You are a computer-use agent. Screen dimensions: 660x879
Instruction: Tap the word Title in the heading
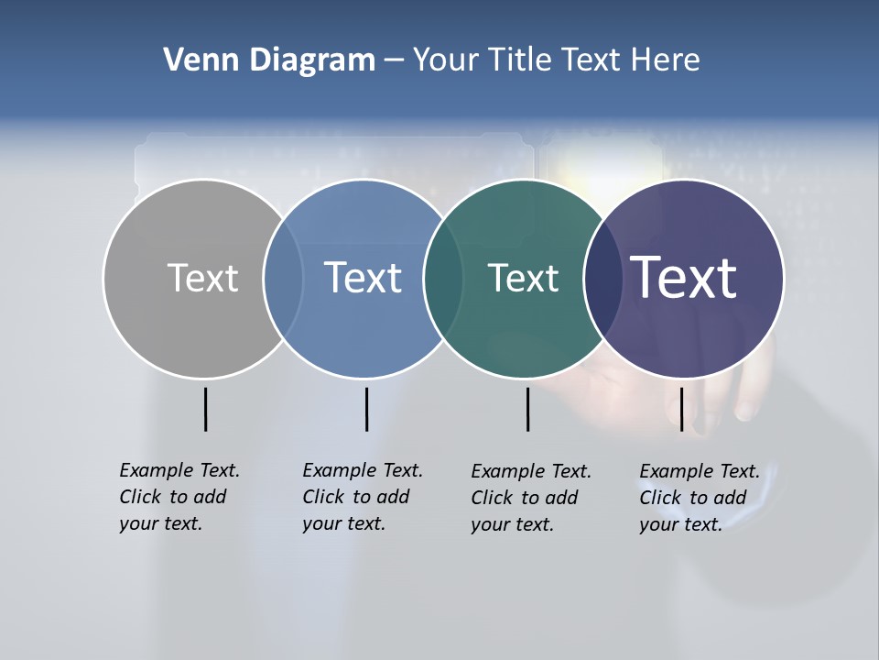pyautogui.click(x=521, y=60)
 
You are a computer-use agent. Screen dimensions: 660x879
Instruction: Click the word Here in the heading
pyautogui.click(x=665, y=60)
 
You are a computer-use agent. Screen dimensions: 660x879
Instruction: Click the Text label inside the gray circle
pyautogui.click(x=203, y=278)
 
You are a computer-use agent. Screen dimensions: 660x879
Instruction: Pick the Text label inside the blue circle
pyautogui.click(x=364, y=278)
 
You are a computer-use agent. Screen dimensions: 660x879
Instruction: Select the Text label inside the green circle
pyautogui.click(x=524, y=278)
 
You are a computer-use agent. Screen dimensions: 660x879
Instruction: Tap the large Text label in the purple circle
pyautogui.click(x=684, y=278)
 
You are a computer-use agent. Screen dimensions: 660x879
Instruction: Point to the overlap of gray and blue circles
pyautogui.click(x=283, y=278)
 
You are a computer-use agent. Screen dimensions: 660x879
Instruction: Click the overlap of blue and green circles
pyautogui.click(x=443, y=278)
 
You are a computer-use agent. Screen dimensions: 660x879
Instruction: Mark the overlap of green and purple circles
pyautogui.click(x=602, y=278)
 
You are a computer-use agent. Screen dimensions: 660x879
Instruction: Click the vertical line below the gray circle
pyautogui.click(x=205, y=409)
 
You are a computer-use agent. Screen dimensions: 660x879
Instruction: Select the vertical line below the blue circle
pyautogui.click(x=366, y=409)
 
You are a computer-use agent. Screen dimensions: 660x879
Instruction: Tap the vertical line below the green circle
pyautogui.click(x=527, y=409)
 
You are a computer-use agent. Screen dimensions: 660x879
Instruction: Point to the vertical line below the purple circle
pyautogui.click(x=681, y=409)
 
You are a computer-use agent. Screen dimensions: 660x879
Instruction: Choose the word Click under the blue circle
pyautogui.click(x=323, y=498)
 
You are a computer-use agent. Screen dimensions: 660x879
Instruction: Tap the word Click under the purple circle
pyautogui.click(x=660, y=499)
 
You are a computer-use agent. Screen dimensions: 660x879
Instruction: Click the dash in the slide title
pyautogui.click(x=394, y=60)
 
